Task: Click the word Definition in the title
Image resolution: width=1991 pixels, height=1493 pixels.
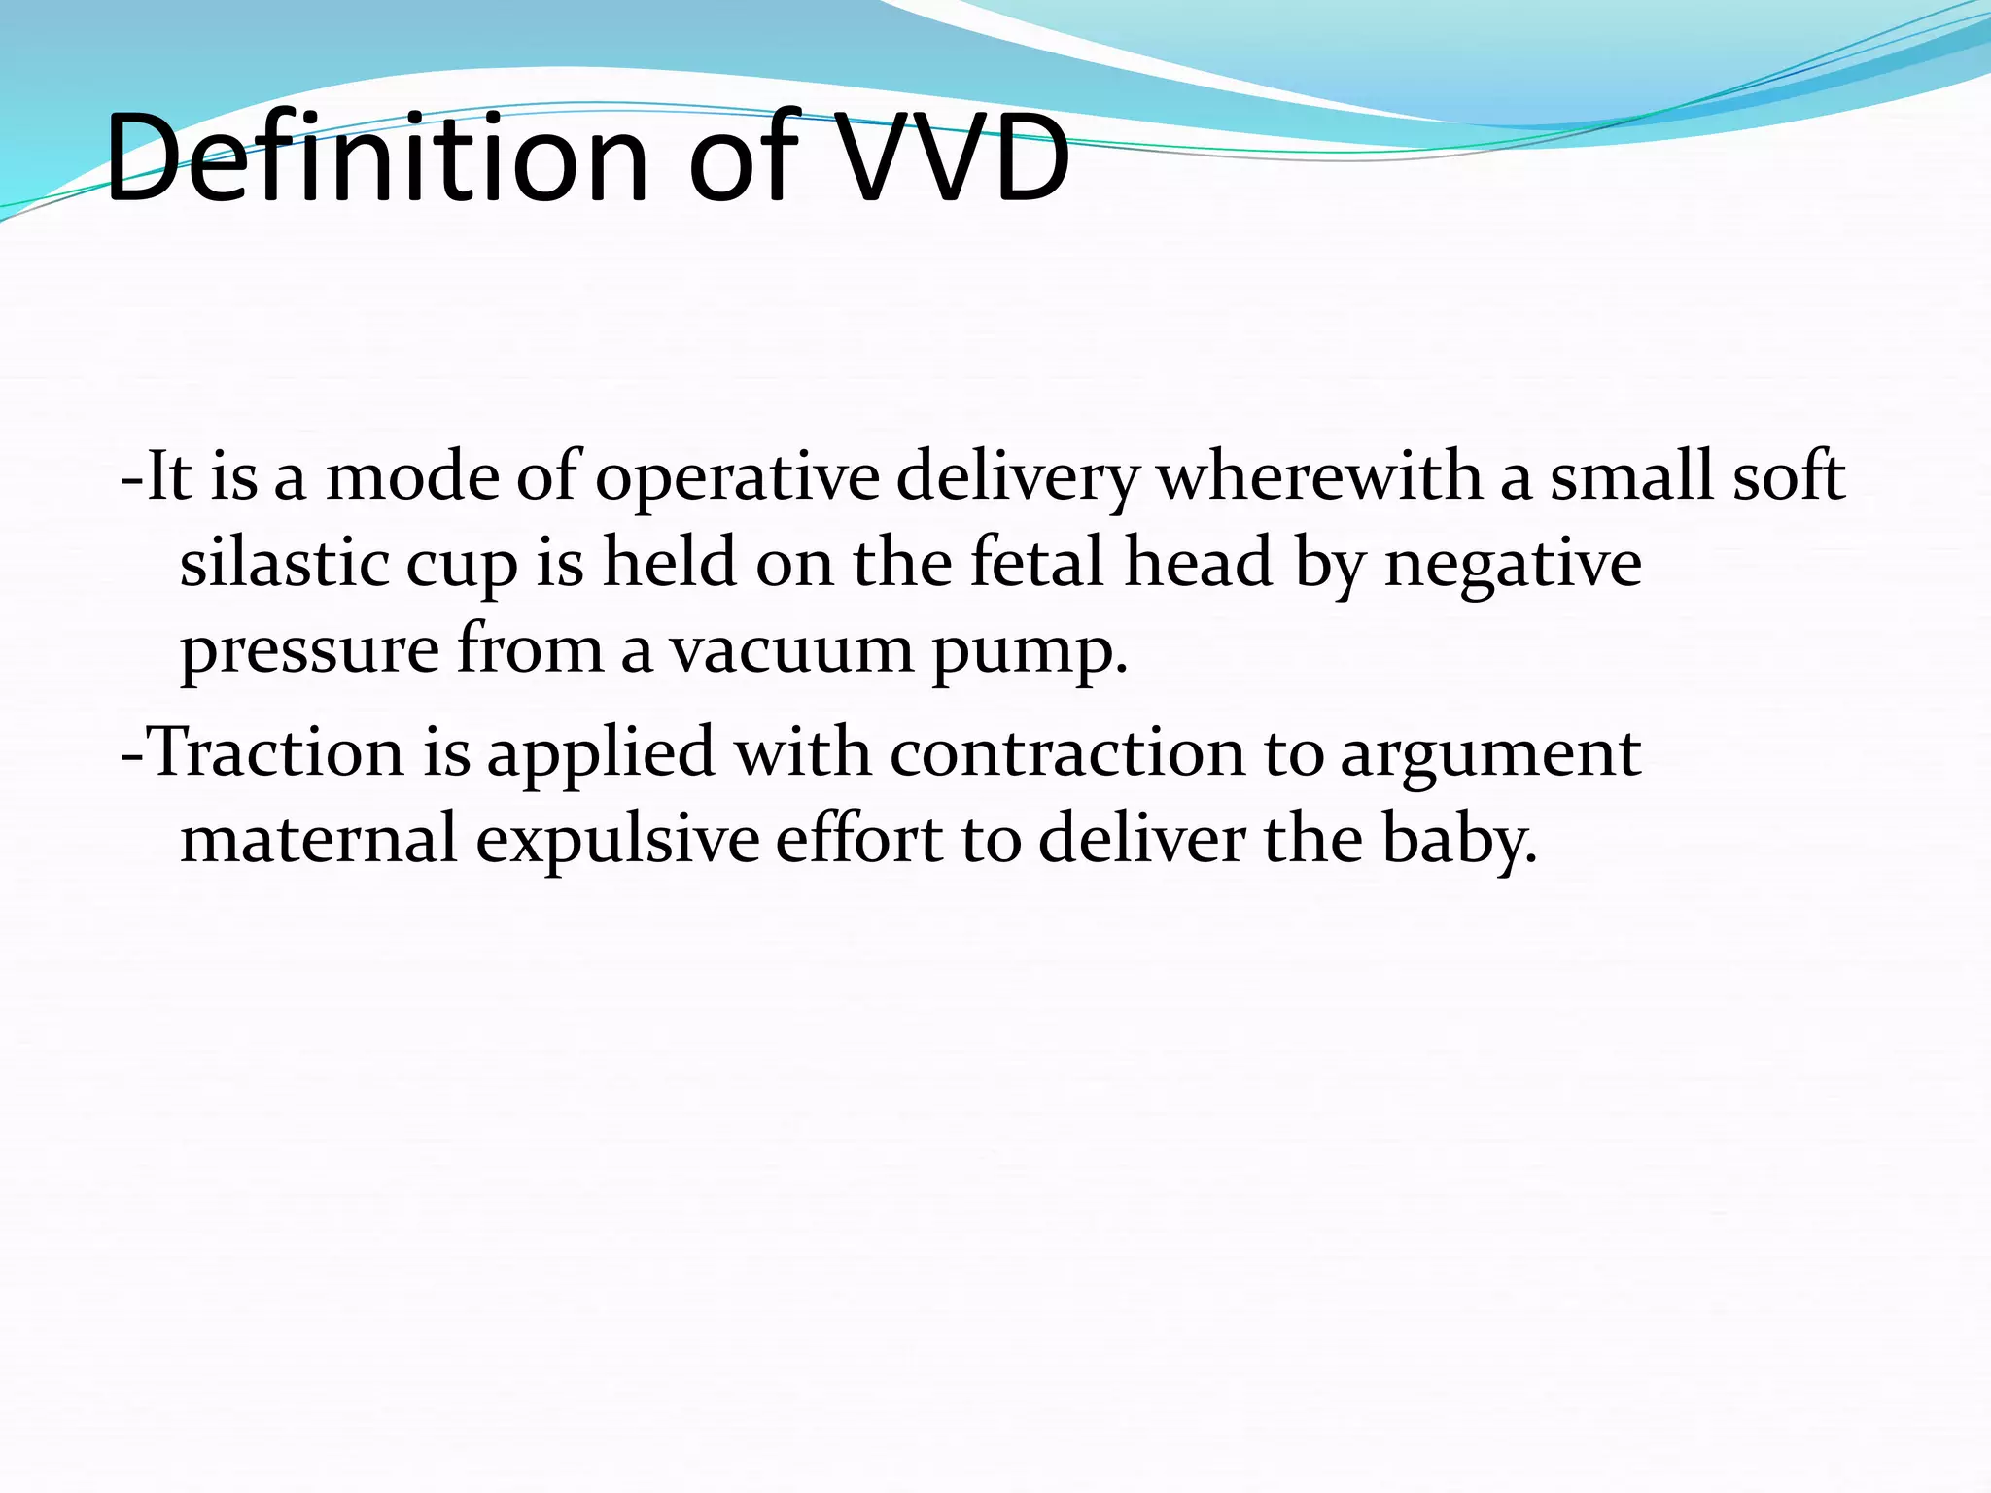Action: [375, 158]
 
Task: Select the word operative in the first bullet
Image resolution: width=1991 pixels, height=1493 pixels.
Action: [736, 478]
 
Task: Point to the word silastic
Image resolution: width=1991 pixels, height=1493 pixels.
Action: [284, 564]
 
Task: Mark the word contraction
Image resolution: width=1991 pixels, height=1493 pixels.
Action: [1066, 753]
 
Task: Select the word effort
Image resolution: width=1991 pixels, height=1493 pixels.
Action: [858, 838]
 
